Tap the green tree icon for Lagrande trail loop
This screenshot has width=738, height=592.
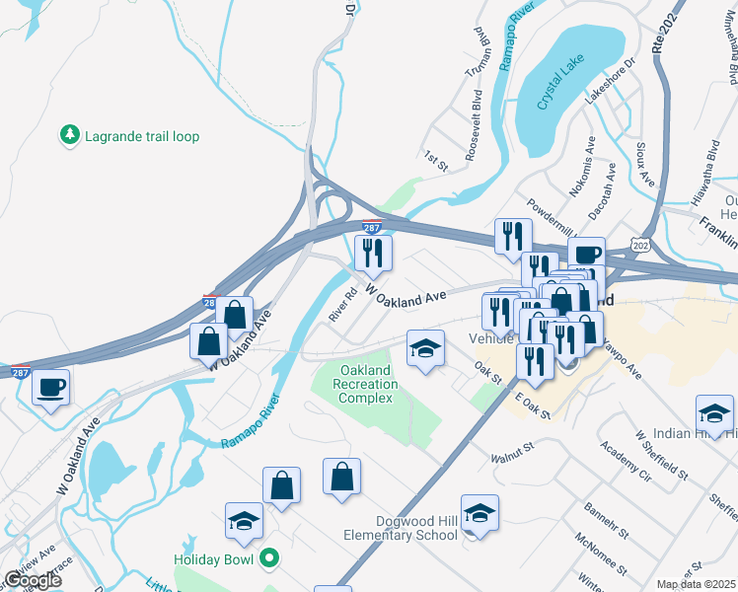[69, 134]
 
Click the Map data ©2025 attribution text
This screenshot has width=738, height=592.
[696, 584]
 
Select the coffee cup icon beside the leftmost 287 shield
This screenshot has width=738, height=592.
[50, 387]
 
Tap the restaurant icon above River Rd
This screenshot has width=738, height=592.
[373, 254]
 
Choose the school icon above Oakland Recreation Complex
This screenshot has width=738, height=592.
[425, 348]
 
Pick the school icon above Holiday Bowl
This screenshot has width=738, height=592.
[244, 521]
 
